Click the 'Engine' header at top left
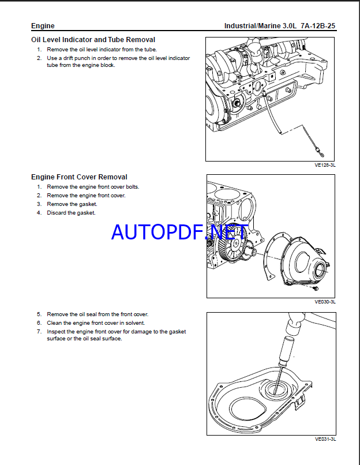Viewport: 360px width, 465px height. (43, 26)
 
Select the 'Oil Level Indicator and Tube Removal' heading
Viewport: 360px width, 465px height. (93, 40)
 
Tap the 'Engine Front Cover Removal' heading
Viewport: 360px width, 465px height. (79, 177)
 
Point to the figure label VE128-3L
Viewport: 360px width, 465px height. (325, 164)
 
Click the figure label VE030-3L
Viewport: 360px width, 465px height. (325, 301)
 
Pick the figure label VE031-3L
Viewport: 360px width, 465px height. (325, 438)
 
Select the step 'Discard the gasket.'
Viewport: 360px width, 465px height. (71, 213)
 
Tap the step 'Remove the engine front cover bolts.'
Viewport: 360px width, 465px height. (93, 187)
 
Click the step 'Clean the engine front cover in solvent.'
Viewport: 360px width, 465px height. (96, 323)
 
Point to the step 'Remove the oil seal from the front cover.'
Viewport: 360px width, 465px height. (97, 314)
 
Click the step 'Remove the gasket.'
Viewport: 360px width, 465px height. (72, 204)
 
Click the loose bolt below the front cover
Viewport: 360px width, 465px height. (315, 287)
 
